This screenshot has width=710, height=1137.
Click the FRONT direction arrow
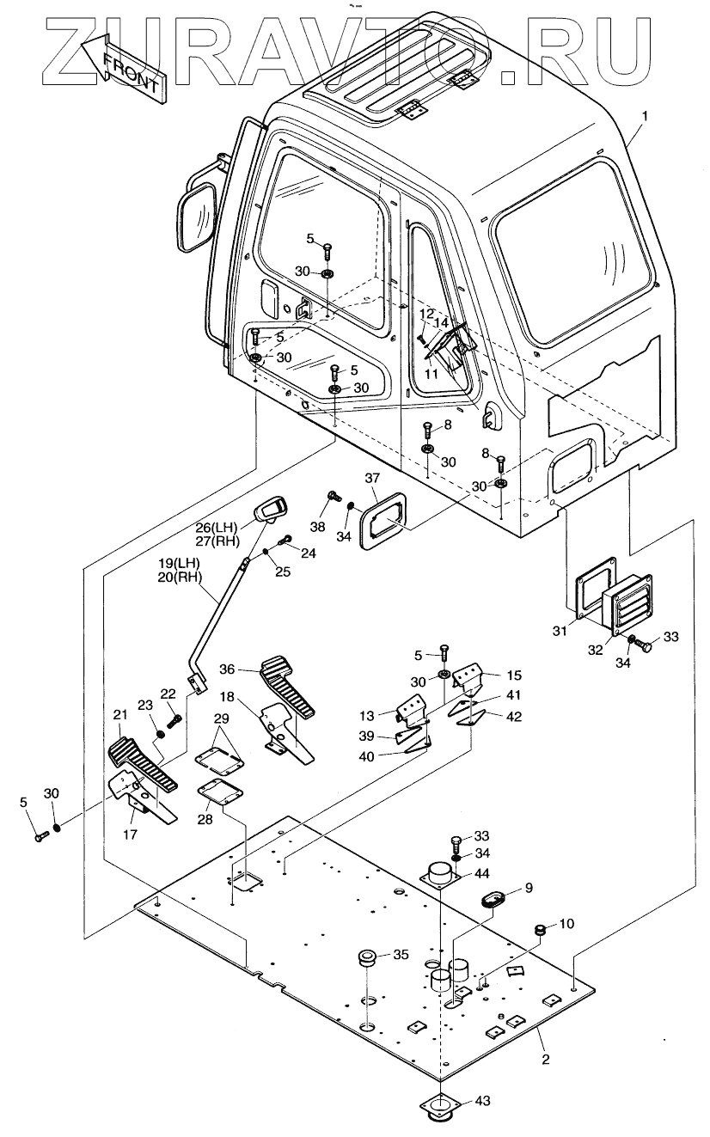120,64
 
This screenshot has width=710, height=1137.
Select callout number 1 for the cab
646,114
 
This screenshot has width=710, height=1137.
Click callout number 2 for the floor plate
545,1060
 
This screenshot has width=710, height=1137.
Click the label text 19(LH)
178,564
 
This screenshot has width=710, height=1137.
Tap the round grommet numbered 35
368,958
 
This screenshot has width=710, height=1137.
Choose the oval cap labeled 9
494,901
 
